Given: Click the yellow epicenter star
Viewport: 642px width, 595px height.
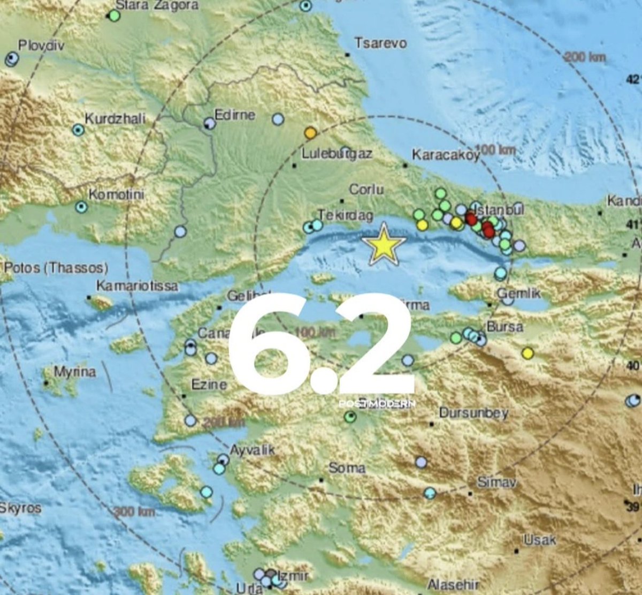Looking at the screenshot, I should point(383,245).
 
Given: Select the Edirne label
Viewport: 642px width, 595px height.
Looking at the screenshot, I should point(235,115).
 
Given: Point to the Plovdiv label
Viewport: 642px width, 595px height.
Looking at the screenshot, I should point(41,45).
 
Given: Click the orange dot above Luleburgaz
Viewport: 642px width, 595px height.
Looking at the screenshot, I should point(310,132).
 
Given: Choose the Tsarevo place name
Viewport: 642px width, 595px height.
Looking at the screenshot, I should point(381,43).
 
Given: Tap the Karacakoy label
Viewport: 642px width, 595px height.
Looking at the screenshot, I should point(446,155).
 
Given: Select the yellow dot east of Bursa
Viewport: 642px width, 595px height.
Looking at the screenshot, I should point(528,353).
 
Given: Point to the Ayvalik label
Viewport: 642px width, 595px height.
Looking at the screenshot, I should point(252,450).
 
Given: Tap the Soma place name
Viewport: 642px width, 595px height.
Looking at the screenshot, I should point(347,468).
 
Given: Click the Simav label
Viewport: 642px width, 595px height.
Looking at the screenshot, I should point(496,483).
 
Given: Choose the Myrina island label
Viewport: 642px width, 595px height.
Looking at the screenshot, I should point(75,372).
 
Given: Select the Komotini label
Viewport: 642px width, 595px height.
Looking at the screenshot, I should point(116,194).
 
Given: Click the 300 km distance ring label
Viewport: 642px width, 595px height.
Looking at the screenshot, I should point(134,512).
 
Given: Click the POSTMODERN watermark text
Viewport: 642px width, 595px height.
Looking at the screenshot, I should point(377,404).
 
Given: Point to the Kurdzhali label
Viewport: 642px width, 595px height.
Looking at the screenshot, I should point(115,119).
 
